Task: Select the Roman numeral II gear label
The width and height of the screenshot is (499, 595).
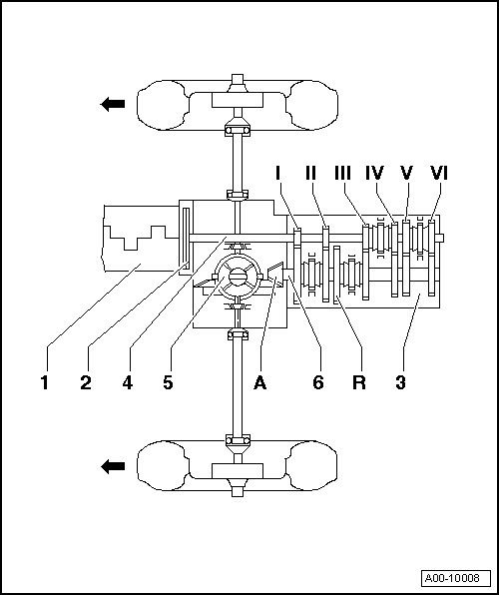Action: [x=310, y=173]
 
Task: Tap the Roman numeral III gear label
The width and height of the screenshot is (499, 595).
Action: [x=343, y=173]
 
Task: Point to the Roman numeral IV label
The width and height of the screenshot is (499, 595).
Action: [x=375, y=173]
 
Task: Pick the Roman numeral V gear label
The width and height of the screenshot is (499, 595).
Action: [x=406, y=173]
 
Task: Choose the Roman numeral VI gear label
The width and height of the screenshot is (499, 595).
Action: [x=438, y=173]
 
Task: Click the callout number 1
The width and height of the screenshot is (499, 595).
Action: [x=45, y=380]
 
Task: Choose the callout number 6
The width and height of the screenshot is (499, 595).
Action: [x=318, y=380]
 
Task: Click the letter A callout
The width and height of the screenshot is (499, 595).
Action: [x=261, y=380]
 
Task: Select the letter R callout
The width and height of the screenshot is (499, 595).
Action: [x=361, y=380]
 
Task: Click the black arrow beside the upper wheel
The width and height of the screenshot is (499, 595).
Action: [x=112, y=102]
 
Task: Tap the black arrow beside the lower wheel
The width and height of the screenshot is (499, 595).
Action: [x=112, y=466]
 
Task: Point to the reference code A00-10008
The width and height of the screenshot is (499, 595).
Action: [x=450, y=578]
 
